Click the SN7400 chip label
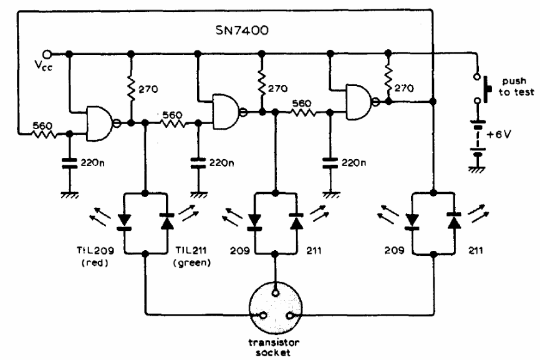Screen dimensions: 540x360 tap(242, 31)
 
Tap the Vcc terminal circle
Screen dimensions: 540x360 tap(47, 54)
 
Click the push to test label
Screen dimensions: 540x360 tap(516, 87)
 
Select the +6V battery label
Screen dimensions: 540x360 tap(499, 134)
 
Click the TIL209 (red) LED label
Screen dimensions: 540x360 tap(95, 256)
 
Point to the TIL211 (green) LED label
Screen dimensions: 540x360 tap(192, 256)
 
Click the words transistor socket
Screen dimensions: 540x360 tap(274, 348)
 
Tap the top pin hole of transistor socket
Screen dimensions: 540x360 tap(275, 293)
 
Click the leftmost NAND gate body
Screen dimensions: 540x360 tap(100, 124)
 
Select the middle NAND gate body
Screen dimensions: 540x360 tap(226, 112)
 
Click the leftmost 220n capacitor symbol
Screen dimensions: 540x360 tap(69, 163)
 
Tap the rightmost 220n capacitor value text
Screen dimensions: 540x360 tap(354, 163)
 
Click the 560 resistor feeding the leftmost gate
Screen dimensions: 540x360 tap(46, 134)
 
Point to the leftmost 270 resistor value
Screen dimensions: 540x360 tap(148, 90)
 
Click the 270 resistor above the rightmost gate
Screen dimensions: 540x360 tap(388, 80)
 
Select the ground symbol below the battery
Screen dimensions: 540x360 tap(477, 169)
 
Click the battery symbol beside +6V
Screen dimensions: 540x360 tap(477, 138)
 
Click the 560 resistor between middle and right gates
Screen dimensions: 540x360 tap(302, 112)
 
